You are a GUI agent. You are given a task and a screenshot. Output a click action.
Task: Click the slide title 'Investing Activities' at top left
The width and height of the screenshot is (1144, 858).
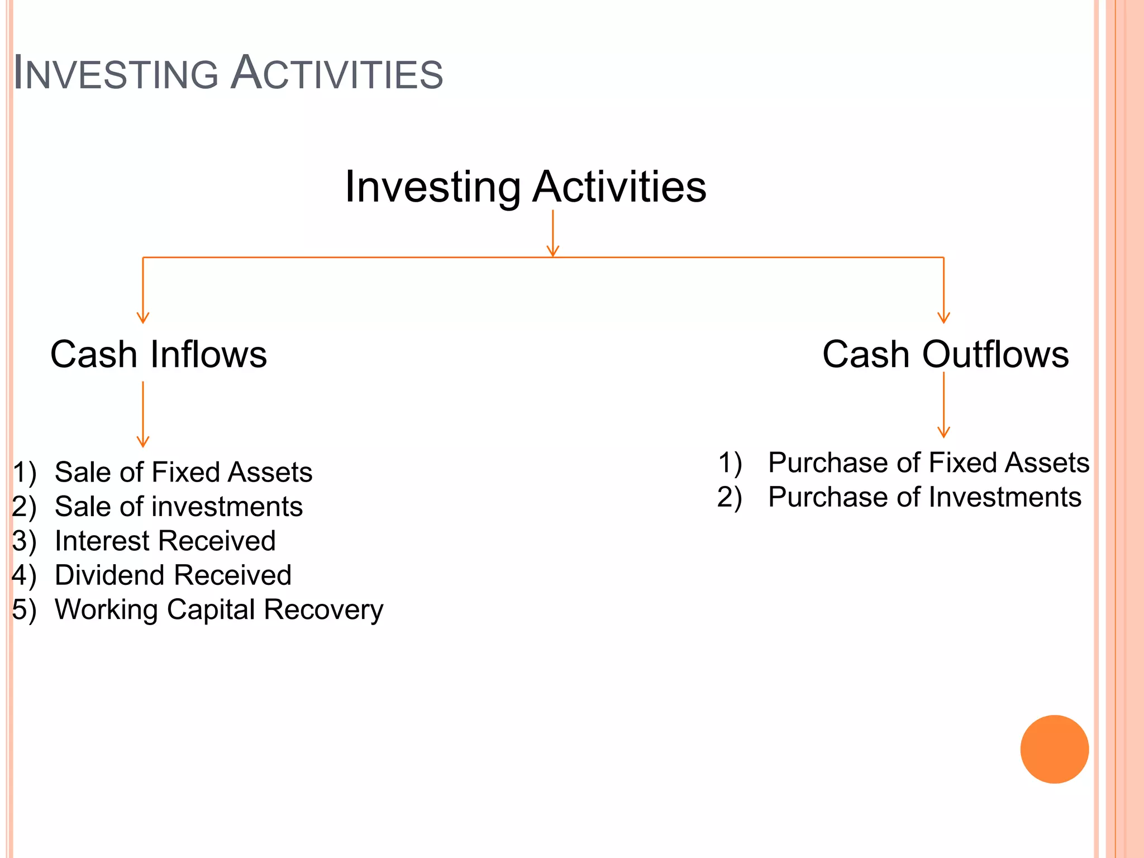coord(228,73)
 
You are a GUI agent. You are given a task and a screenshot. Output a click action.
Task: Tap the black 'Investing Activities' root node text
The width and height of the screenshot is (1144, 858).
coord(526,187)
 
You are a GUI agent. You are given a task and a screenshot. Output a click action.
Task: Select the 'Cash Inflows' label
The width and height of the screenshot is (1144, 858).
coord(159,354)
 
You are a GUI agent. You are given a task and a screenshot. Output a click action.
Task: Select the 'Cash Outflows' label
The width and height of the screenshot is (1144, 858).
coord(945,354)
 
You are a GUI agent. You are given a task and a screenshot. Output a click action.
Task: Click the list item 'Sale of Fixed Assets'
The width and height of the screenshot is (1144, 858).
coord(183,472)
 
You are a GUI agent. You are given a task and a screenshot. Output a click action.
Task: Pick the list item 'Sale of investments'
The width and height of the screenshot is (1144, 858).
coord(179,507)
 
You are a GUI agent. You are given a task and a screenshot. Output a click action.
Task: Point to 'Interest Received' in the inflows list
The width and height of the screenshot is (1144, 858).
coord(165,541)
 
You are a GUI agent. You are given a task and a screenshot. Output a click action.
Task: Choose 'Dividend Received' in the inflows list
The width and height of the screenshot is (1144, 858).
coord(173,575)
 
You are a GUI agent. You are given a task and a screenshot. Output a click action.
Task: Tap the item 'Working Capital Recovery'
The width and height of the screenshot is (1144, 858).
coord(219,609)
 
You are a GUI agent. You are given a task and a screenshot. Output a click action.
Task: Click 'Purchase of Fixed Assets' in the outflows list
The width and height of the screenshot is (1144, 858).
coord(928,463)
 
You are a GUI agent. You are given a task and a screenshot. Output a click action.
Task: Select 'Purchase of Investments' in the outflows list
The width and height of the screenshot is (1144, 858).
coord(924,497)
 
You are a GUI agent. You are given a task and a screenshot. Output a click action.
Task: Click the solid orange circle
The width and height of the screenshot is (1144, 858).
coord(1054,749)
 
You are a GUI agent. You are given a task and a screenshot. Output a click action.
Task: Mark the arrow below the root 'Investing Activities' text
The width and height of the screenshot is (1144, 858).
coord(553,233)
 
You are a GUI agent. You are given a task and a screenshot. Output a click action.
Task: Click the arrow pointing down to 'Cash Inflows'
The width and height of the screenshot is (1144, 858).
coord(143,290)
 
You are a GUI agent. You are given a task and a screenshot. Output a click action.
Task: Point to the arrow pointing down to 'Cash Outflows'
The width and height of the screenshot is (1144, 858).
coord(943,290)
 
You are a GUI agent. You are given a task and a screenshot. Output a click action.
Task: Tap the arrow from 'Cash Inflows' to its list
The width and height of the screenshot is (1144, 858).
coord(143,414)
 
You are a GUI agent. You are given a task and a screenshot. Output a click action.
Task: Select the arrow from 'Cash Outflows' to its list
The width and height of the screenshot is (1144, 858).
coord(943,405)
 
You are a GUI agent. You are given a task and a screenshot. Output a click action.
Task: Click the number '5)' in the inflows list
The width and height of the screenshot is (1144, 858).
coord(25,609)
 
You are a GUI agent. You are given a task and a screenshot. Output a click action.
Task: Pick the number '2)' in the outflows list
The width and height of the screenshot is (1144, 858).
coord(730,497)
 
